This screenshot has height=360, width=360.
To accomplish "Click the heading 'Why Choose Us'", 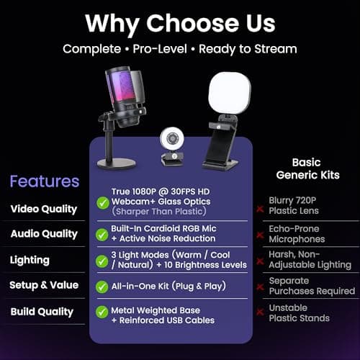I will pos(179,22).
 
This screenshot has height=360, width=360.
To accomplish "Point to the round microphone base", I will pos(117,163).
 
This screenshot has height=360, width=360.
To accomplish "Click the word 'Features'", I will pos(45,181).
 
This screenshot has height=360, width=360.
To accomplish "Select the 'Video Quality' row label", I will pos(43,209).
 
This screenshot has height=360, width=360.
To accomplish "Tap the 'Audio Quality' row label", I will pos(43,234).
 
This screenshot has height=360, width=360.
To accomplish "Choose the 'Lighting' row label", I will pos(30,259).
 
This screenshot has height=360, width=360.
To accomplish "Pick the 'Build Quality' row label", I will pos(42,312).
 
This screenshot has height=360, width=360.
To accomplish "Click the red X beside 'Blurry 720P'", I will pos(259,209).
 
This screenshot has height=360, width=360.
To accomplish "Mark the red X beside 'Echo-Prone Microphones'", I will pos(259,234).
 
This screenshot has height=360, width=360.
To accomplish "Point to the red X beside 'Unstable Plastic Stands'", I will pos(259,312).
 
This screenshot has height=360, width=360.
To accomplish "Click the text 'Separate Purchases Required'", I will pos(311,286).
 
